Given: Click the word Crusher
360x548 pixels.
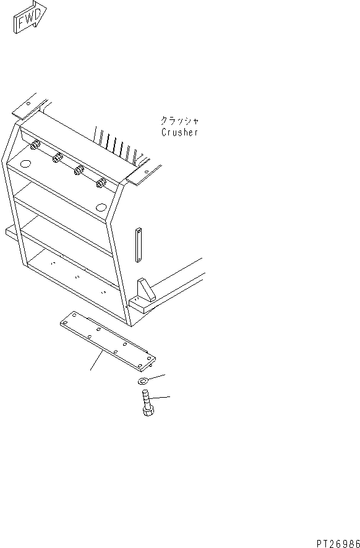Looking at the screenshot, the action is pyautogui.click(x=179, y=132).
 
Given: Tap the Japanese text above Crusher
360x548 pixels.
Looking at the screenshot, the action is pyautogui.click(x=179, y=121).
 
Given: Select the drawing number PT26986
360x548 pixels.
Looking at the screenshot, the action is pyautogui.click(x=338, y=544).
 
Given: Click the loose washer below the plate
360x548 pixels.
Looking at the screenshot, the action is pyautogui.click(x=142, y=380).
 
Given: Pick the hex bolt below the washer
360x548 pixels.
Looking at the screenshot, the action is pyautogui.click(x=147, y=403).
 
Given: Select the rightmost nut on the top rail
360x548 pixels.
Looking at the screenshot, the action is pyautogui.click(x=101, y=182).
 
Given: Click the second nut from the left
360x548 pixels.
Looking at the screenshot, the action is pyautogui.click(x=58, y=158).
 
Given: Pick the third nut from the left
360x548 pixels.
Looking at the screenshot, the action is pyautogui.click(x=79, y=171).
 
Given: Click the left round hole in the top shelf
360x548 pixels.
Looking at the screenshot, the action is pyautogui.click(x=25, y=163).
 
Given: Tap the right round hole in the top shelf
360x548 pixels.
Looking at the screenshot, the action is pyautogui.click(x=101, y=207).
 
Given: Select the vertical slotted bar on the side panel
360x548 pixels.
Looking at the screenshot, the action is pyautogui.click(x=138, y=246).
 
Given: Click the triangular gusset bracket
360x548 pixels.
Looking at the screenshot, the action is pyautogui.click(x=146, y=289).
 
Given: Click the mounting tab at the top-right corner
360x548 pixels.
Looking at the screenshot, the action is pyautogui.click(x=144, y=174).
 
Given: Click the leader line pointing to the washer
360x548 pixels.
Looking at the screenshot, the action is pyautogui.click(x=155, y=377).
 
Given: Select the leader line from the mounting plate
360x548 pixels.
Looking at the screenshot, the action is pyautogui.click(x=97, y=361).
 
